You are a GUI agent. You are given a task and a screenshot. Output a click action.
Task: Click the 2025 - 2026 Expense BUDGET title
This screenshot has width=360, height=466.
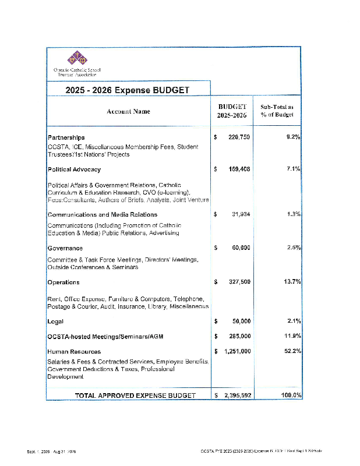coord(128,90)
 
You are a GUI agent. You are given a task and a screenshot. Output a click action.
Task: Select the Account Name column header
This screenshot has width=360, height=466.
coord(128,111)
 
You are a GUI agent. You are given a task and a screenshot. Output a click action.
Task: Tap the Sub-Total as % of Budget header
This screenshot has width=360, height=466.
coord(277,111)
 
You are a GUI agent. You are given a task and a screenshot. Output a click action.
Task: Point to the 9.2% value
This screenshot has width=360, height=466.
coord(291,137)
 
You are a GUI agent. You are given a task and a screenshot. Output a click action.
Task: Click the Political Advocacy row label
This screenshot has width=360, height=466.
coord(74,170)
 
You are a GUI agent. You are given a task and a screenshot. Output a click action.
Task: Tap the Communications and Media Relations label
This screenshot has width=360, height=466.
coord(102,214)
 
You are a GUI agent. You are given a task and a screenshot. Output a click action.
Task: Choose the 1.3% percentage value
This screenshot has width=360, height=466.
coord(293,214)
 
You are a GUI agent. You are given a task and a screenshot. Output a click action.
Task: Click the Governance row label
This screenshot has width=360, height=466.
coord(65,248)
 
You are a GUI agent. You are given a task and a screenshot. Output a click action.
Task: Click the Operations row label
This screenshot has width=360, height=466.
coord(63,283)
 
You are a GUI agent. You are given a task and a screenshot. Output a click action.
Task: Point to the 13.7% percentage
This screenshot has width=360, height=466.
coord(291,282)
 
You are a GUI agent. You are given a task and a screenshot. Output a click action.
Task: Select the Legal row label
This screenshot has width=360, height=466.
coord(55,322)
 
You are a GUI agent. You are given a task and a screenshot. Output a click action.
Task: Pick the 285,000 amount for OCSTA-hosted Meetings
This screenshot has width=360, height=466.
coord(239,336)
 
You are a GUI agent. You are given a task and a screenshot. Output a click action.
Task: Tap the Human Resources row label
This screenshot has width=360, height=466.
coord(74,352)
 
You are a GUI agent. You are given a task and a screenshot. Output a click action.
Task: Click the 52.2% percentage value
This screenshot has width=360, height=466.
coord(291,351)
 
